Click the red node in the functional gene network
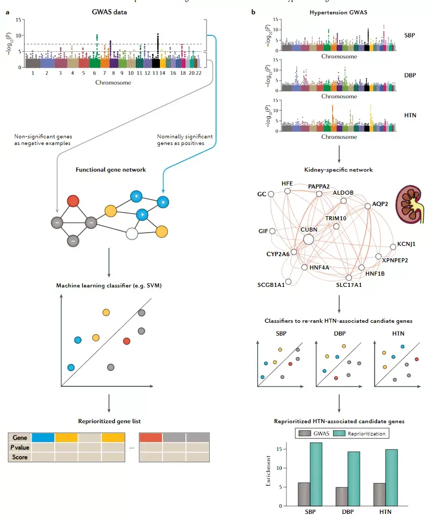point(73,201)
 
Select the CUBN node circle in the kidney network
point(308,239)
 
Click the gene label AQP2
point(380,203)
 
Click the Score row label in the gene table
point(19,456)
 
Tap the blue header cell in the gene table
point(43,438)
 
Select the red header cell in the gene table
point(151,438)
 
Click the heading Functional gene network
point(109,170)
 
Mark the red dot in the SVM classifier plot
point(127,341)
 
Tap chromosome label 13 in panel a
point(155,73)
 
